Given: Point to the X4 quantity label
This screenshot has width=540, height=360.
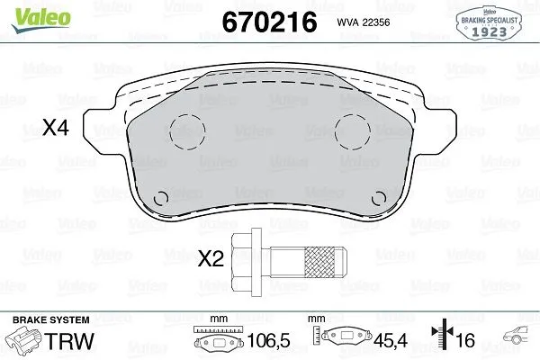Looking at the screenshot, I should point(56,130).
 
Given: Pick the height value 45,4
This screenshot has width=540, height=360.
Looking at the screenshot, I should point(390,343).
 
